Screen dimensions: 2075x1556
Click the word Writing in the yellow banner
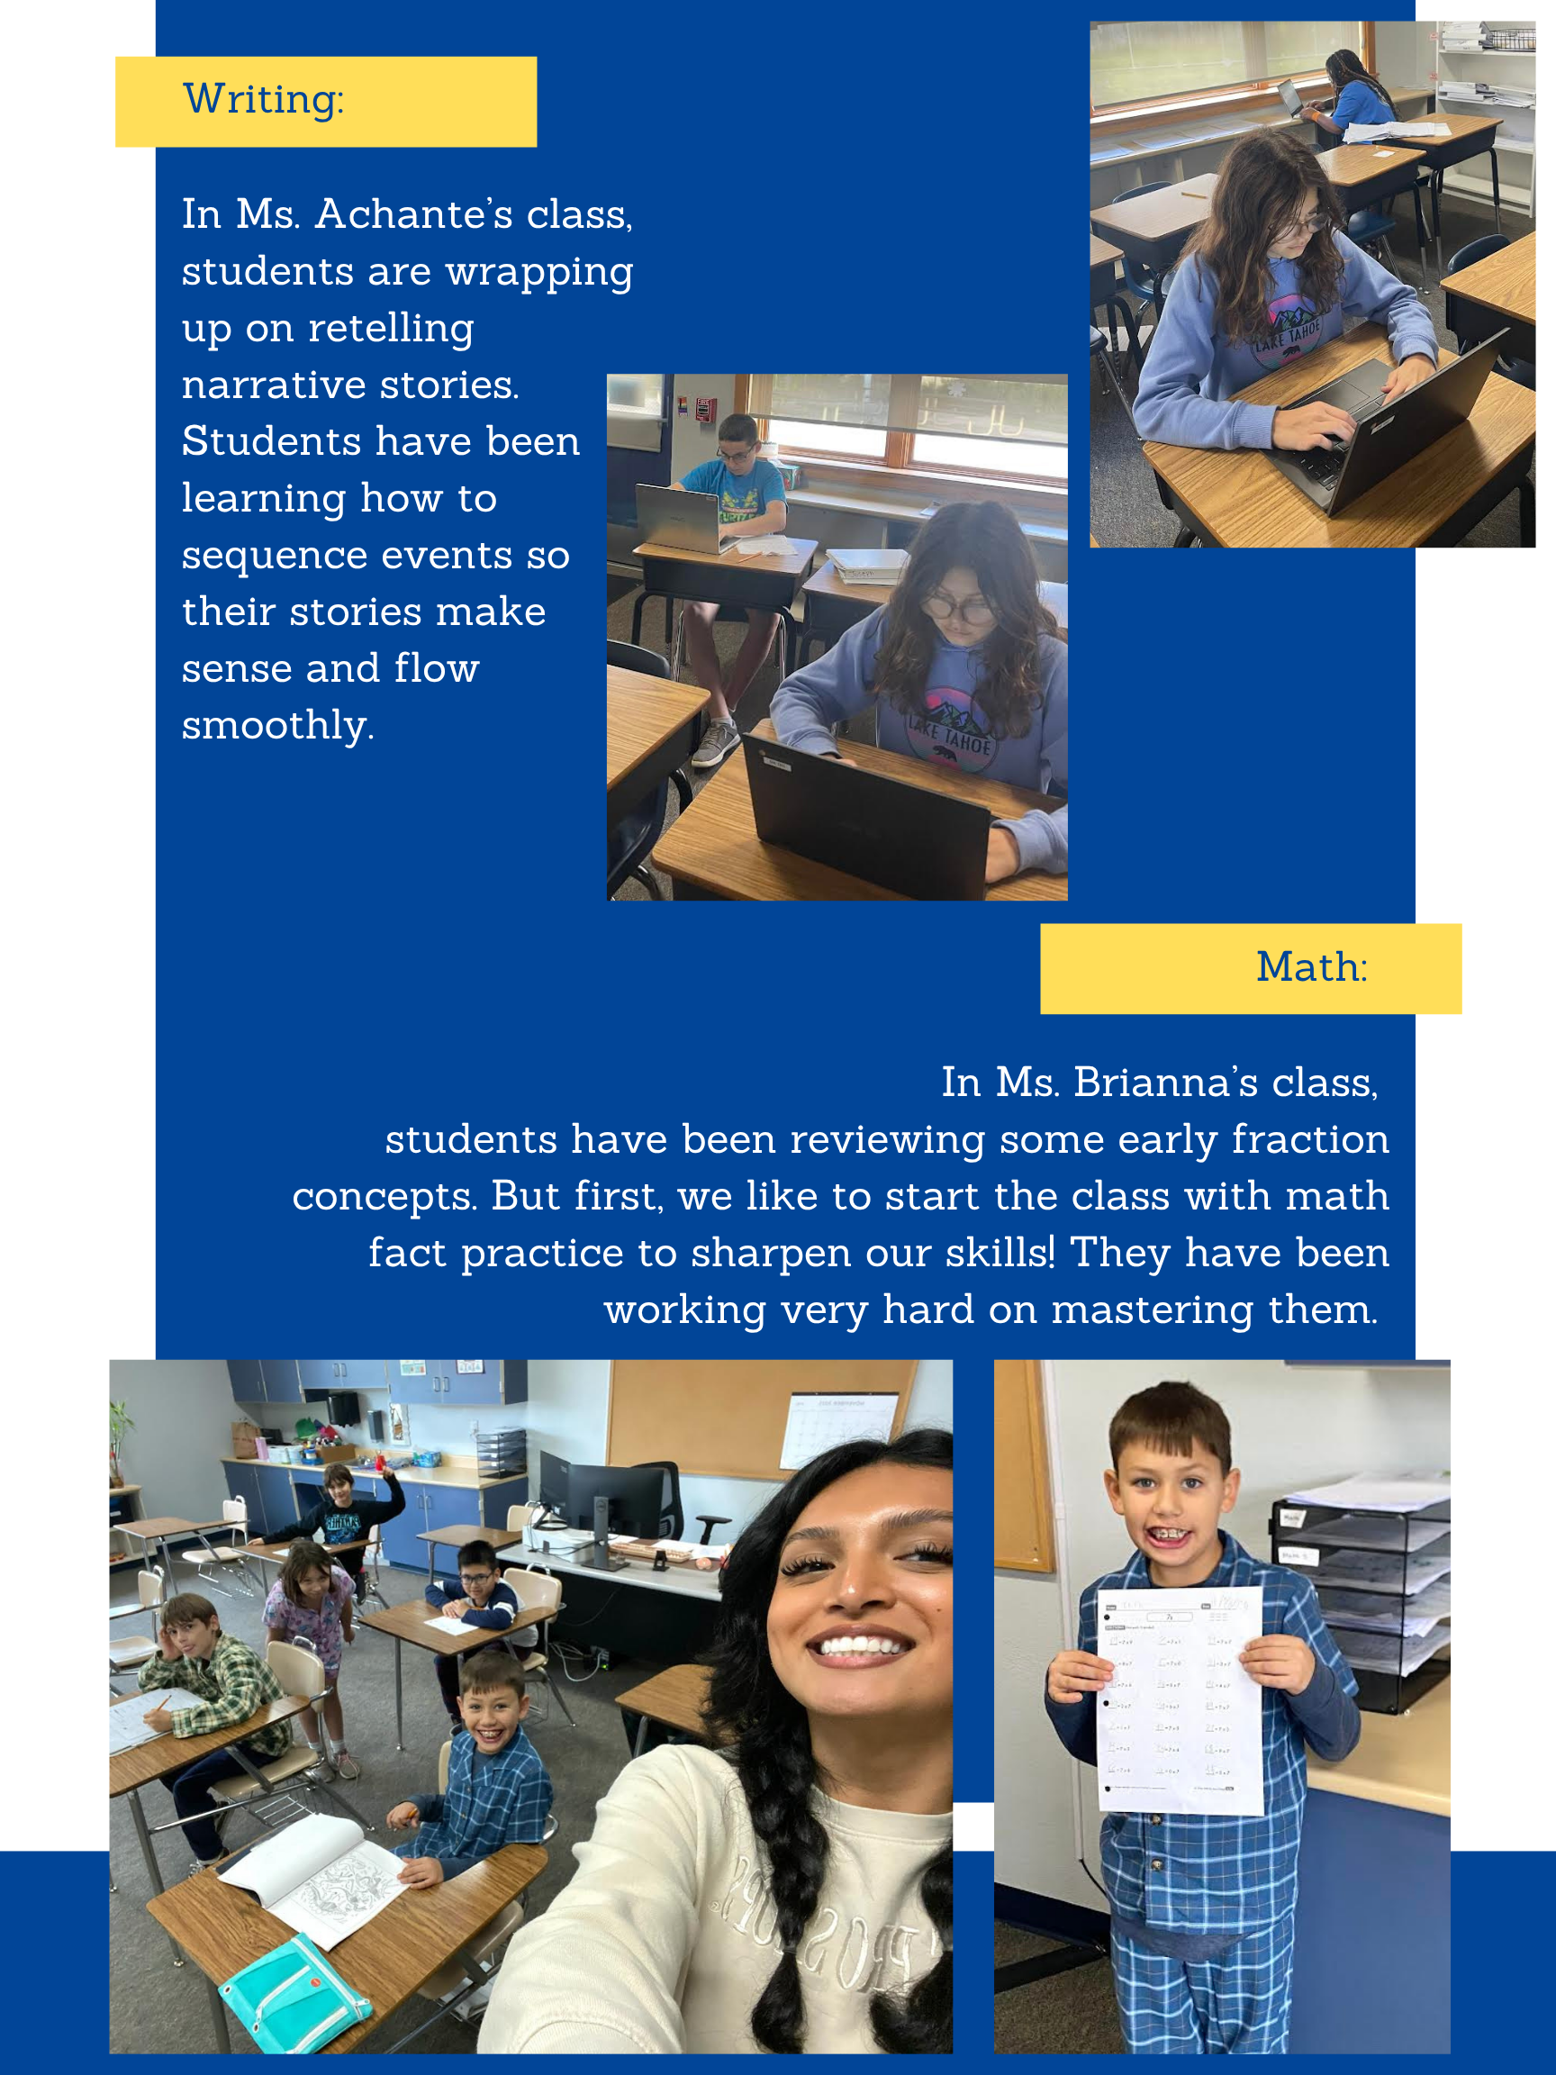[262, 99]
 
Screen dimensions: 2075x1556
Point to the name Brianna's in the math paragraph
[1164, 1083]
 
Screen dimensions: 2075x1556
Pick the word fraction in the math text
[1309, 1140]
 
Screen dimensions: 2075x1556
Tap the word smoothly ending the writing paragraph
[276, 725]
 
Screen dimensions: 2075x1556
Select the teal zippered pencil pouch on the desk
[294, 1993]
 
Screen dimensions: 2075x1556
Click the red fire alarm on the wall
[705, 409]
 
